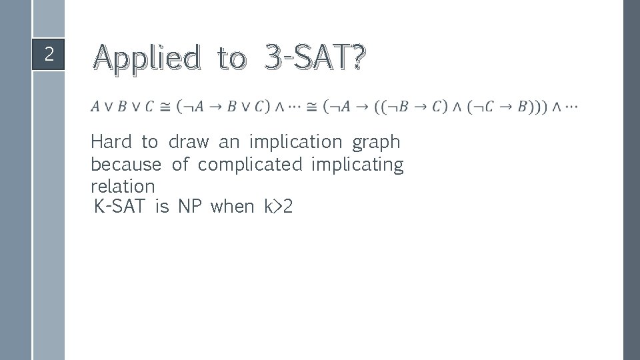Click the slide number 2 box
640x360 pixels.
coord(49,54)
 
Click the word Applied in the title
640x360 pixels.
coord(147,58)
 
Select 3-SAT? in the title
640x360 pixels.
coord(315,58)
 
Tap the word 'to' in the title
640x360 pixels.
coord(231,58)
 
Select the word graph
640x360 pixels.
coord(376,143)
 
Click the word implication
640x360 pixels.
coord(295,143)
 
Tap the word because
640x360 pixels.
coord(126,164)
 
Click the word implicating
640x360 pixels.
coord(357,165)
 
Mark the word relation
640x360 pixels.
coord(123,186)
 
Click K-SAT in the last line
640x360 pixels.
coord(120,207)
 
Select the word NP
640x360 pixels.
coord(189,207)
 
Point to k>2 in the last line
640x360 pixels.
coord(279,207)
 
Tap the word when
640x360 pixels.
coord(232,207)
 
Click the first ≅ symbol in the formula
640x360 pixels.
coord(165,107)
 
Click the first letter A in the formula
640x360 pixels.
coord(96,107)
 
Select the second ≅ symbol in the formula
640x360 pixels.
coord(312,107)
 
